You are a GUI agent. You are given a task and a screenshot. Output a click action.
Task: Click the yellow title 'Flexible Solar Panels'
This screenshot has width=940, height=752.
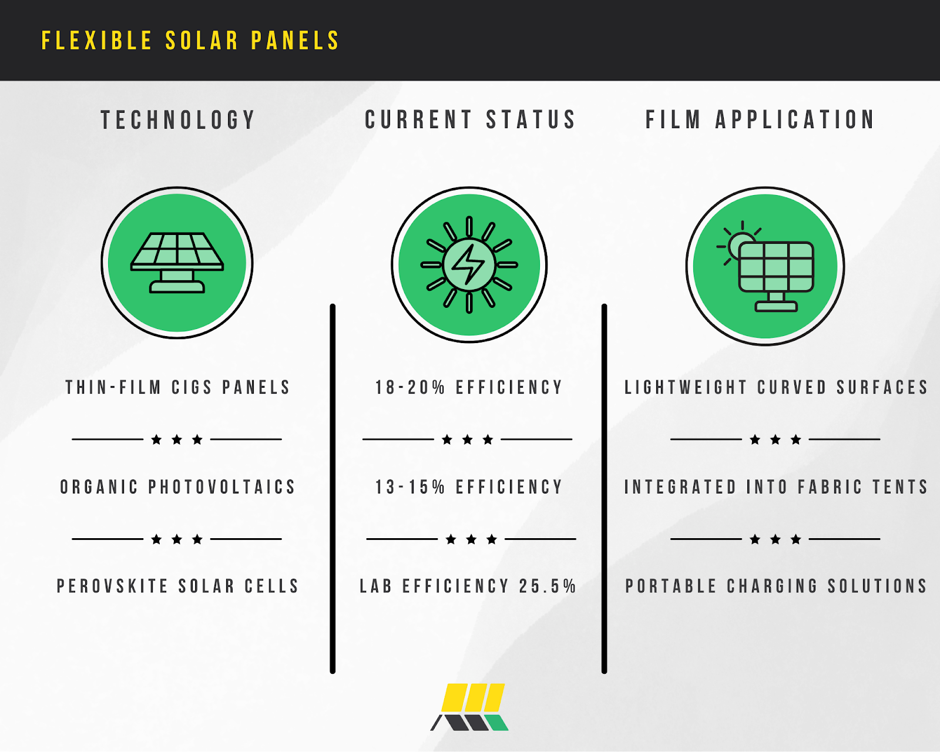(x=190, y=41)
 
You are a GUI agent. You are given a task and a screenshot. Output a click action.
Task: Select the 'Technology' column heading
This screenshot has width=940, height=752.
(x=178, y=120)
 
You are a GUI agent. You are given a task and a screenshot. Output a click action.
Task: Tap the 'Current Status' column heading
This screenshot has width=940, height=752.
(x=470, y=120)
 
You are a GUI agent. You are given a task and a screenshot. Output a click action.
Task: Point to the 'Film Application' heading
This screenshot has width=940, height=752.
(x=760, y=120)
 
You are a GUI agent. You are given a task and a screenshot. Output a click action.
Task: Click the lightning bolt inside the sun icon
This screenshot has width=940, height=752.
(x=468, y=264)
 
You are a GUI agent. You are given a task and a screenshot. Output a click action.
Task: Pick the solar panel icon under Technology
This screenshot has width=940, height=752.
(x=177, y=263)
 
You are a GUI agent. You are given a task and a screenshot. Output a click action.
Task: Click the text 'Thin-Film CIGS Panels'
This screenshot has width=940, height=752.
(x=178, y=387)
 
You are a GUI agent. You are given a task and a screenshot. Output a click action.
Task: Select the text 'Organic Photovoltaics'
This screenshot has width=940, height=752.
(x=178, y=487)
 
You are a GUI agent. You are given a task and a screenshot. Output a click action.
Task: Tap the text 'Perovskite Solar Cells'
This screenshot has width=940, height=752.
(x=178, y=586)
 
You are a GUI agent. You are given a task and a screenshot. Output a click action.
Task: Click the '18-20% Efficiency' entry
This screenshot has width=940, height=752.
(x=469, y=387)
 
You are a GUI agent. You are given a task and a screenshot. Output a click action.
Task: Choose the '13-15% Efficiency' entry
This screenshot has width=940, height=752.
(x=469, y=487)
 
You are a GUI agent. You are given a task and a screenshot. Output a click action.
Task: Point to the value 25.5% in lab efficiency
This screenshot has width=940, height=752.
(x=548, y=586)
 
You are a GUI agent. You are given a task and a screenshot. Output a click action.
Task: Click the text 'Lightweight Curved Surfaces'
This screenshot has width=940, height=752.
(x=775, y=387)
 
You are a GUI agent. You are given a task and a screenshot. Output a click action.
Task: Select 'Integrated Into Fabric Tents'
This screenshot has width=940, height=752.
(x=775, y=487)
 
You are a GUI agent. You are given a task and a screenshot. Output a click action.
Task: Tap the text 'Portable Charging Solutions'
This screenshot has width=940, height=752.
(x=775, y=586)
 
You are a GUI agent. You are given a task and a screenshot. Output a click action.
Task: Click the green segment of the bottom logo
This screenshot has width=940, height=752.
(x=496, y=722)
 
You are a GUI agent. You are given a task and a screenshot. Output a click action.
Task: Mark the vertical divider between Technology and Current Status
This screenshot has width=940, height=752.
(x=333, y=489)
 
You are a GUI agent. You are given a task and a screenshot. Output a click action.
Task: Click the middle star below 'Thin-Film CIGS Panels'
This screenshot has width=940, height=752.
(x=177, y=439)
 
